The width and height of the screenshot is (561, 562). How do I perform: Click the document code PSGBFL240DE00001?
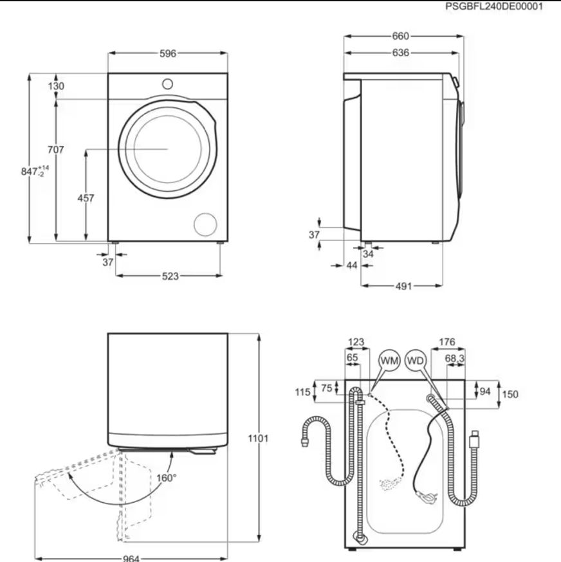point(494,6)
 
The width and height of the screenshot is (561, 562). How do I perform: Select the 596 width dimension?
point(168,53)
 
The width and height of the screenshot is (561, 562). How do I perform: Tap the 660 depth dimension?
point(400,36)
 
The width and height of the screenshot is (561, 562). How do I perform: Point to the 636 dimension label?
point(400,53)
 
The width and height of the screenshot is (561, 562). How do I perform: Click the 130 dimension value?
point(56,86)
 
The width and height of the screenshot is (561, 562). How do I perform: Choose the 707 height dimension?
point(55,149)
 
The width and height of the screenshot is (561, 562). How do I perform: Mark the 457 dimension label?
point(86,198)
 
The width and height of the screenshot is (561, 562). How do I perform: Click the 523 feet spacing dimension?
point(170,276)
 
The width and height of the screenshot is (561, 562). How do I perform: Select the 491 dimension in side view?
point(403,286)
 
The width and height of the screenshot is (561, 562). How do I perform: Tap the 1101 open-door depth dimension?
point(258,439)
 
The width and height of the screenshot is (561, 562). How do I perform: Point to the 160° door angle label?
point(167,478)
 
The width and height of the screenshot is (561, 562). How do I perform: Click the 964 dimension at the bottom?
point(131,558)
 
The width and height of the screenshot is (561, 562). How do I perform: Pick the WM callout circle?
point(389,360)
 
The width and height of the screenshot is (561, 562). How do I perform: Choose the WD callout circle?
point(416,360)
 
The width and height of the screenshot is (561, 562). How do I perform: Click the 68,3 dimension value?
point(455,358)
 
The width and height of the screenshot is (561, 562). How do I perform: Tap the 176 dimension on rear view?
point(447,342)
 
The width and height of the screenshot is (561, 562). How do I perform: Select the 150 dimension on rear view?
point(510,394)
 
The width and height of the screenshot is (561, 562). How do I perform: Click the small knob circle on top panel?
point(167,84)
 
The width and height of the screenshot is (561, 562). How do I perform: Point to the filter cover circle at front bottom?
point(205,224)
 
